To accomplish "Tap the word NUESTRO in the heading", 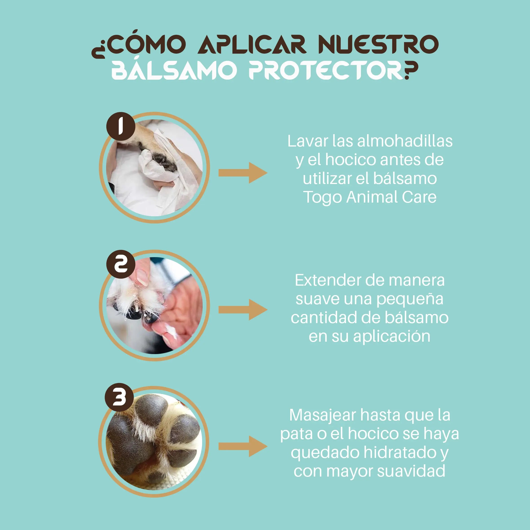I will (379, 44).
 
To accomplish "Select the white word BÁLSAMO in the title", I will (174, 70).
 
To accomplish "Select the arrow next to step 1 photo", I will (243, 173).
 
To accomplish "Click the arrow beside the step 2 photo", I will (243, 310).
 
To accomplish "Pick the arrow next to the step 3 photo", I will (243, 446).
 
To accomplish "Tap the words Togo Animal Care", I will (370, 197).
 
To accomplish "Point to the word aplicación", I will (392, 337).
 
